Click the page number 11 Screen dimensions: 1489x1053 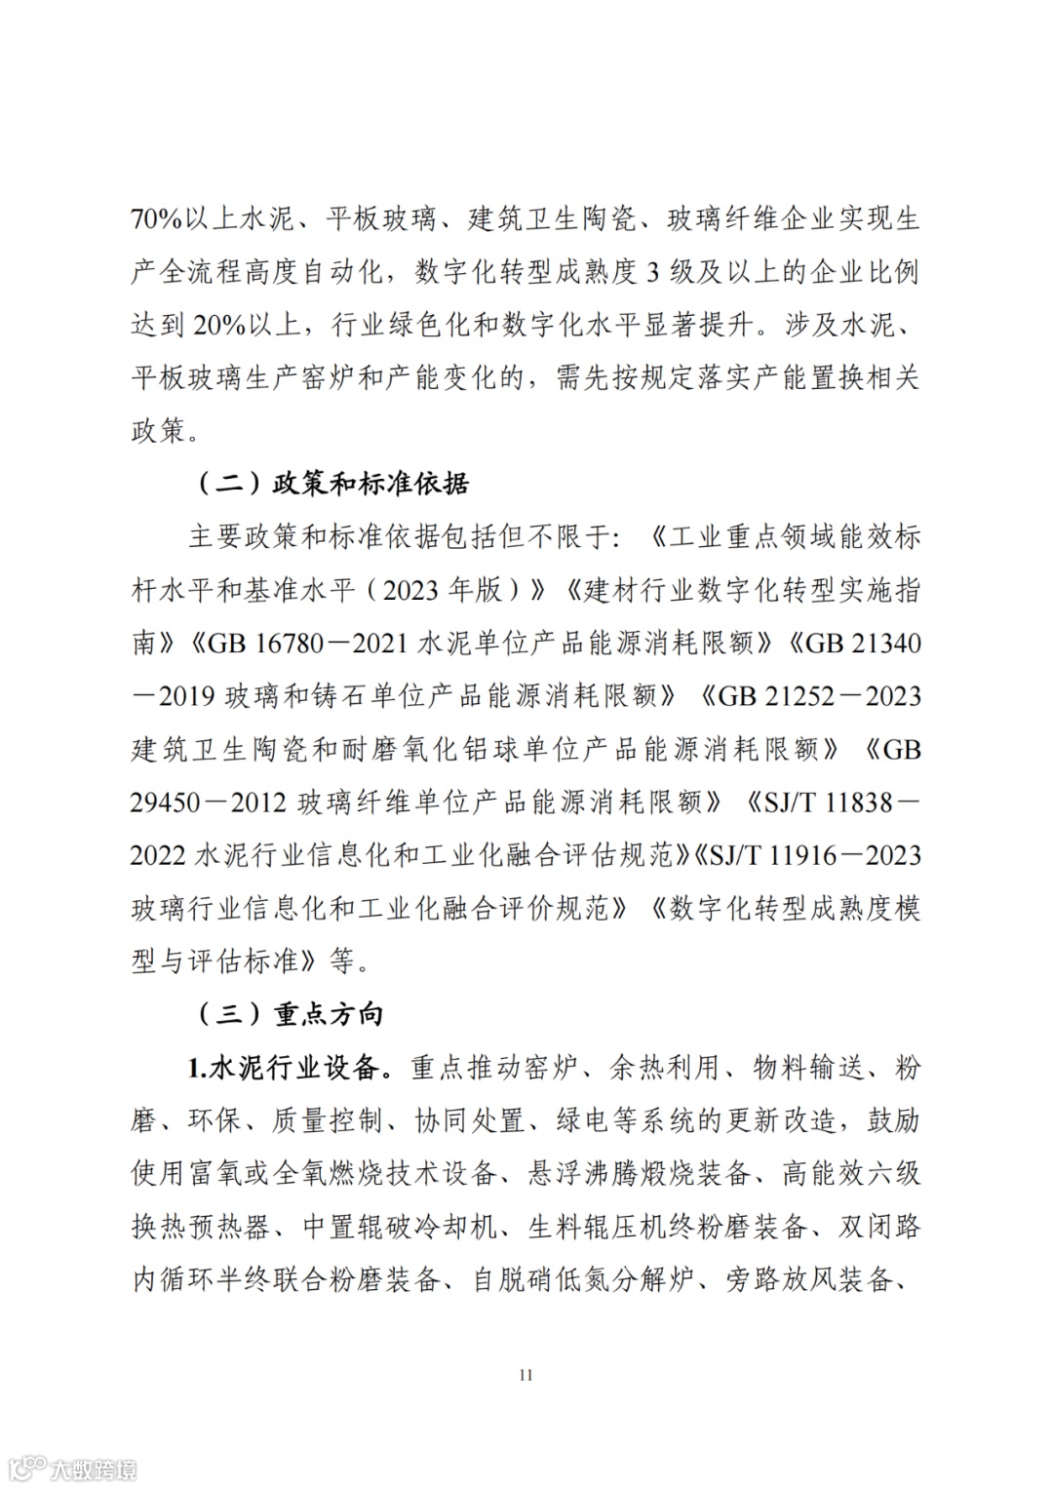click(x=526, y=1375)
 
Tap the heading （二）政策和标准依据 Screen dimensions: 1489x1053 click(x=333, y=483)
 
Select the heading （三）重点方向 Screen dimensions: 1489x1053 click(x=291, y=1014)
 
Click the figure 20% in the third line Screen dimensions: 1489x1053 click(x=220, y=325)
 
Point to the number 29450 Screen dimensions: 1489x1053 click(x=166, y=802)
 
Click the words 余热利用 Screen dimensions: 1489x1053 click(x=665, y=1068)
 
